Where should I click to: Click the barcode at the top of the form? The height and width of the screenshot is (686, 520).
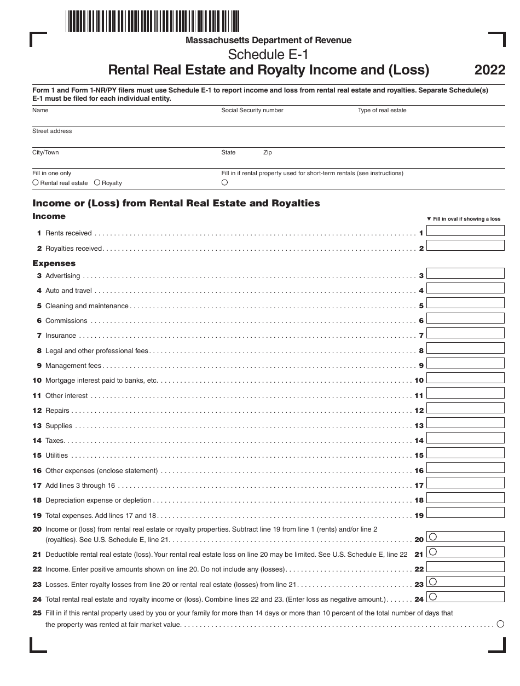[152, 21]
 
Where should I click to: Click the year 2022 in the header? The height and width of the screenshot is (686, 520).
[490, 70]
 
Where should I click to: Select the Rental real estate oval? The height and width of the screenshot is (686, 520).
[36, 182]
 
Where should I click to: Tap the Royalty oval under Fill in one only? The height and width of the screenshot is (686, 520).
[97, 182]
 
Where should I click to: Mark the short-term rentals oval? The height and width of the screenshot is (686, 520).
[224, 182]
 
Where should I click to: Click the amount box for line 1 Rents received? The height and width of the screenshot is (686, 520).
[465, 230]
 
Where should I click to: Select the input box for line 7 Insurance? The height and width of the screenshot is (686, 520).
[465, 333]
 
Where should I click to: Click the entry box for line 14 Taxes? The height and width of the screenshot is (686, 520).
[465, 437]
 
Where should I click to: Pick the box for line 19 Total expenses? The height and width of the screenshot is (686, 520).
[465, 512]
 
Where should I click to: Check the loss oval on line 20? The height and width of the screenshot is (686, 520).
[432, 537]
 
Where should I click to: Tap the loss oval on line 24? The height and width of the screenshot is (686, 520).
[432, 596]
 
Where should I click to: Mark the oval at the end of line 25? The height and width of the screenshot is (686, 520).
[500, 624]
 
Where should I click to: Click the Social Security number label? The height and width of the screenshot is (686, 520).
[252, 110]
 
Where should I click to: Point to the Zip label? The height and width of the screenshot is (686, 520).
[268, 152]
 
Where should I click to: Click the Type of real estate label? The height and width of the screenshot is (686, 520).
[382, 110]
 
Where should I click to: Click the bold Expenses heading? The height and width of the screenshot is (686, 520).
[54, 263]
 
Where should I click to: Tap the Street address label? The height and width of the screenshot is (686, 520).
[52, 131]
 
